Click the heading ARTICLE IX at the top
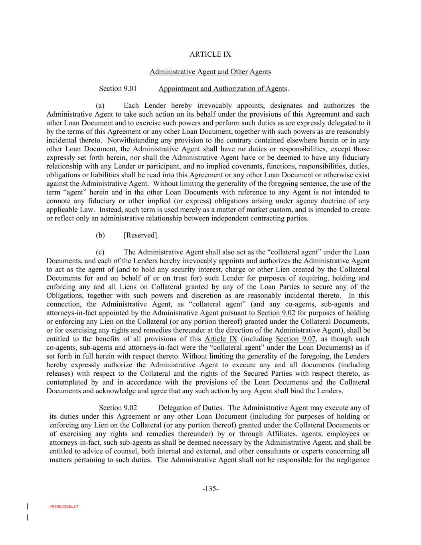210,54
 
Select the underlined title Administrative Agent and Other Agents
210,72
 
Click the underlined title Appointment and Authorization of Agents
223,89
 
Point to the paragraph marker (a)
100,106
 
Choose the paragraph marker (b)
100,235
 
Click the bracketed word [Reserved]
141,235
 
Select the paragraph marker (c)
100,252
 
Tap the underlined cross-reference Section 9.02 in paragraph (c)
276,313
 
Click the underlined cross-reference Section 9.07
296,339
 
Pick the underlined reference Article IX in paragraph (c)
221,339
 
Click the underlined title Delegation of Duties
190,408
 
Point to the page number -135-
210,489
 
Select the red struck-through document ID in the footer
64,507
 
